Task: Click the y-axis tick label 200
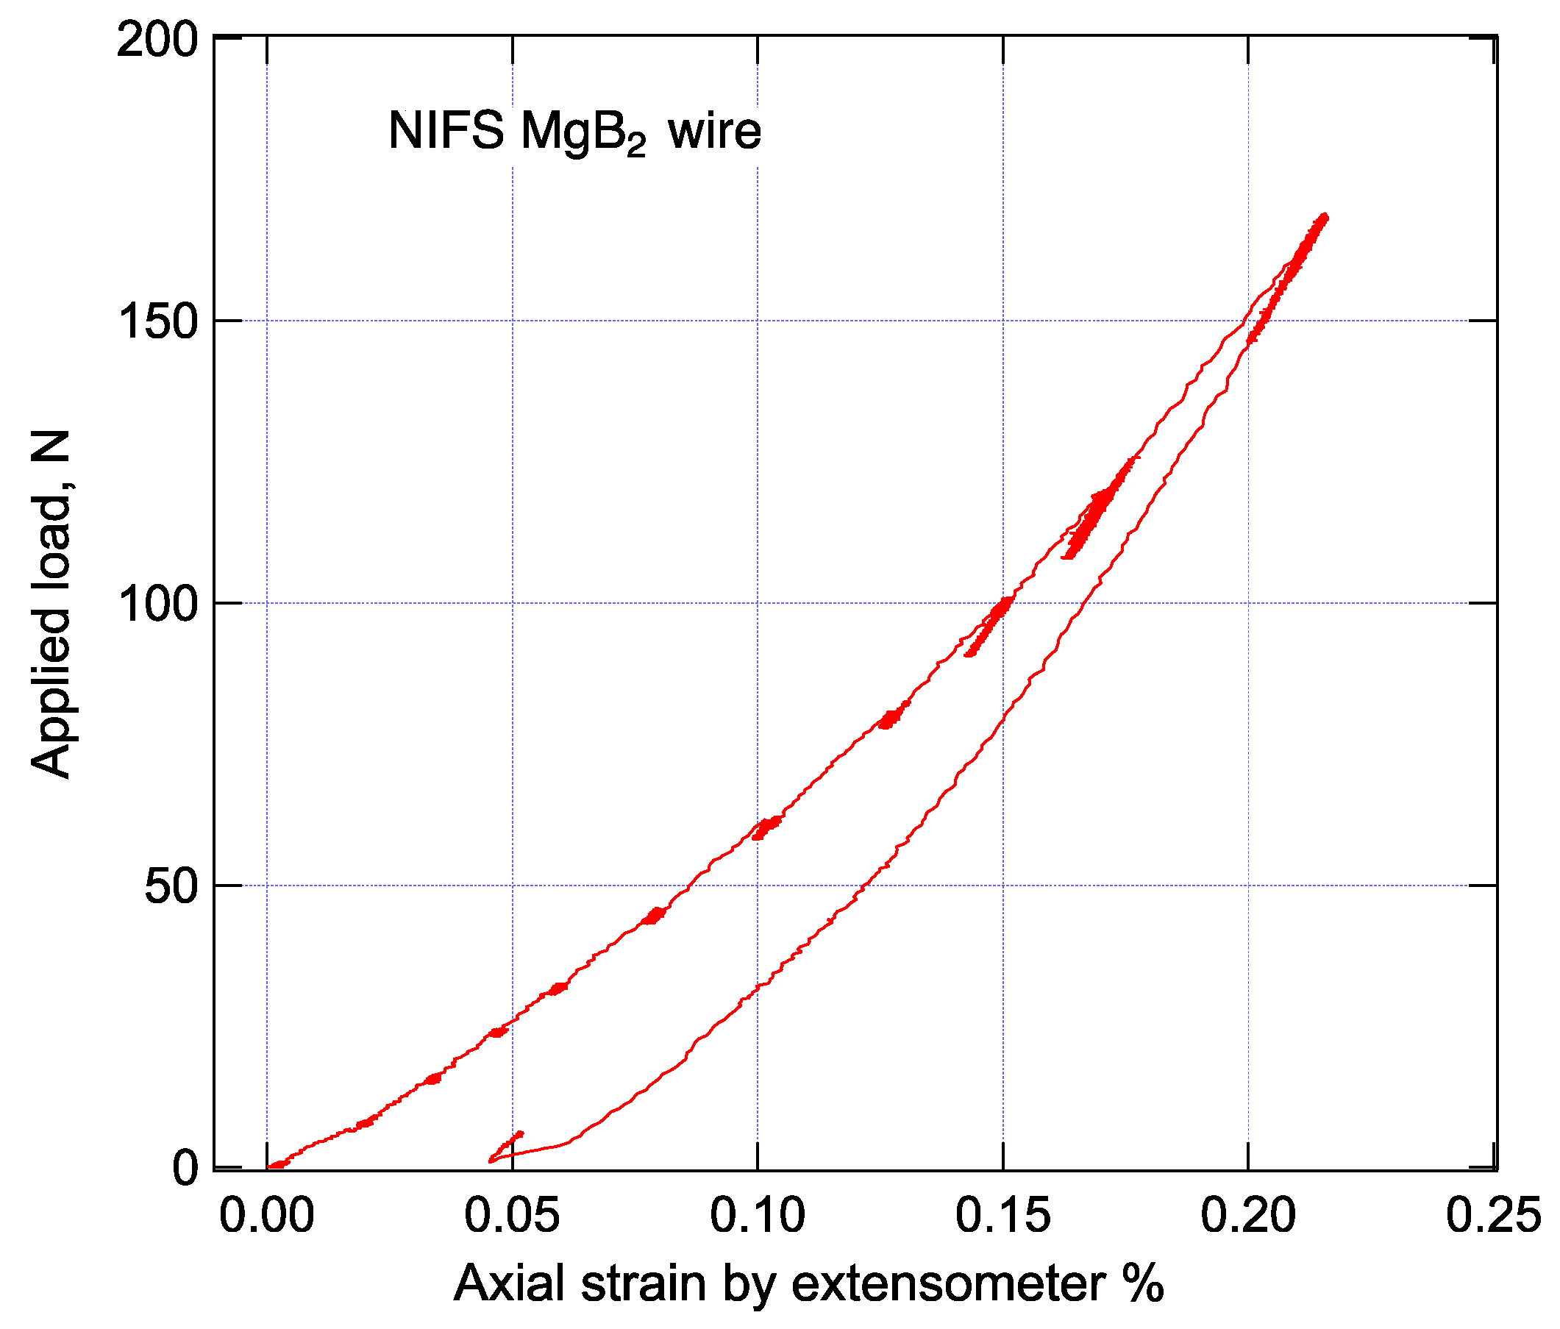pyautogui.click(x=157, y=40)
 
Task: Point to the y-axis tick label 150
pyautogui.click(x=157, y=323)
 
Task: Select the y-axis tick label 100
pyautogui.click(x=157, y=605)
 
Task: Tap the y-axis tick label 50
pyautogui.click(x=170, y=888)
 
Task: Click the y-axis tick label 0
pyautogui.click(x=185, y=1170)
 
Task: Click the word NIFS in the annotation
pyautogui.click(x=446, y=131)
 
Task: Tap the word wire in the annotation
pyautogui.click(x=714, y=131)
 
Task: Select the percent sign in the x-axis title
pyautogui.click(x=1143, y=1284)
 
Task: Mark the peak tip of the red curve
pyautogui.click(x=1326, y=216)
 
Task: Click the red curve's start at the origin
pyautogui.click(x=268, y=1167)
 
